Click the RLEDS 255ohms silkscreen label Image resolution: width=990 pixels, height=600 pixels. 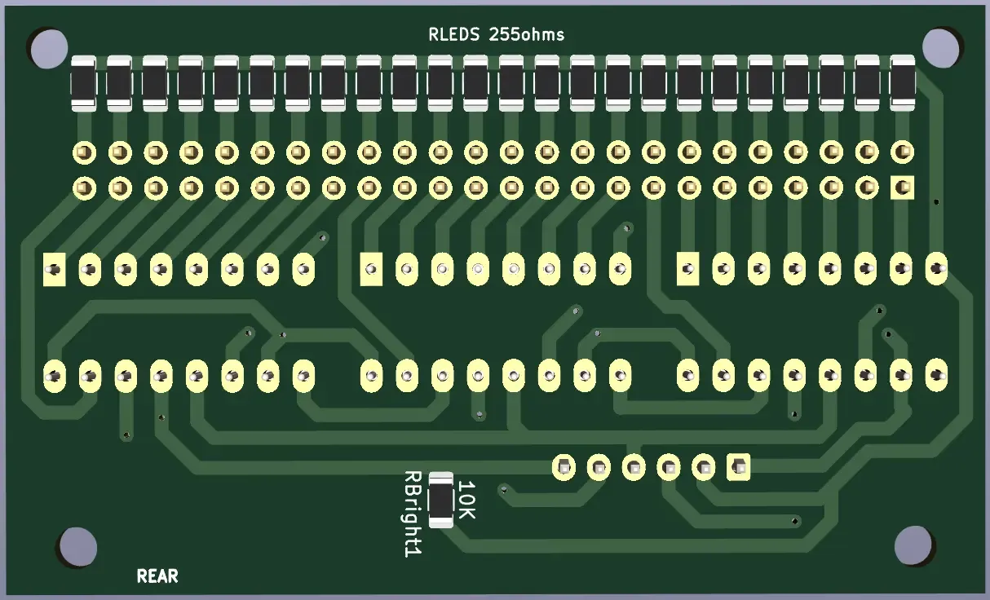pos(496,34)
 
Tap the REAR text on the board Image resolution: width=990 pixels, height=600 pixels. pos(157,576)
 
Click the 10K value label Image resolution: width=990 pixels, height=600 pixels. pos(466,500)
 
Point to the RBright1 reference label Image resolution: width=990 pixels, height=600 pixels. pos(413,514)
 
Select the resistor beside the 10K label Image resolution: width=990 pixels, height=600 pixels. pos(440,499)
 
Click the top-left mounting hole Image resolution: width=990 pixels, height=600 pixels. pos(49,49)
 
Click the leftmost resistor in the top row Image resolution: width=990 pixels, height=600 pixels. pos(84,82)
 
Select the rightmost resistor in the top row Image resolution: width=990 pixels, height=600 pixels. pos(902,82)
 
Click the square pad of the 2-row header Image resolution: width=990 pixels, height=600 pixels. pos(902,188)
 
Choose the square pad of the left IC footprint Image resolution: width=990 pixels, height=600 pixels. pos(54,268)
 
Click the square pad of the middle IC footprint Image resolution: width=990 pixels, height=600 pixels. pos(371,268)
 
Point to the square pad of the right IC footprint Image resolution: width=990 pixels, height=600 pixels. pos(687,268)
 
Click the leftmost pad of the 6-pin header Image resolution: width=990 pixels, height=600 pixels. pos(564,467)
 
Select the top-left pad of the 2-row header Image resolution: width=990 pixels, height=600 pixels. pos(84,152)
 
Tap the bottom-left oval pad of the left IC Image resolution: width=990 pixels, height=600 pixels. pos(54,375)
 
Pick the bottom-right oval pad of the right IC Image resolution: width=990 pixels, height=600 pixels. pos(937,375)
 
